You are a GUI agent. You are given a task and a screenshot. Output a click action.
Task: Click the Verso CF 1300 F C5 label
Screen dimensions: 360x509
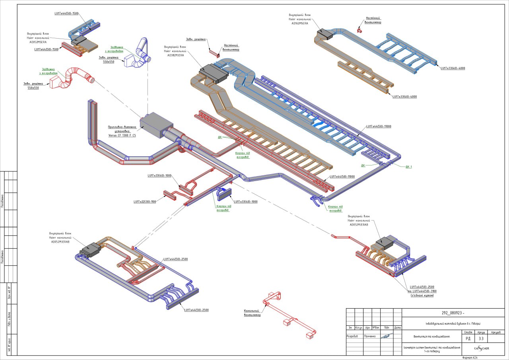click(122, 136)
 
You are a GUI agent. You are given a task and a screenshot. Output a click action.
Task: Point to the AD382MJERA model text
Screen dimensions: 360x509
click(175, 55)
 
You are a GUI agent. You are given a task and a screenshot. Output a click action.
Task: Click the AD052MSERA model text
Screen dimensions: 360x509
click(38, 42)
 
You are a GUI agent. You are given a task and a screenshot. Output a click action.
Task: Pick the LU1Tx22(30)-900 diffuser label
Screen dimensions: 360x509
click(145, 202)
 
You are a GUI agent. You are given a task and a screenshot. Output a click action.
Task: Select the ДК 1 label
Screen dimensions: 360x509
click(408, 167)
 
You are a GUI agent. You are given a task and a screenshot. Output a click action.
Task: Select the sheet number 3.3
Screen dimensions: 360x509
click(481, 339)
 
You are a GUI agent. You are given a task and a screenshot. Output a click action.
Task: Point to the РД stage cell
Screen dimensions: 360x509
click(468, 339)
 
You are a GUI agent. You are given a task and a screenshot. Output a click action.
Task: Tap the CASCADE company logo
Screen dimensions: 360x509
click(481, 348)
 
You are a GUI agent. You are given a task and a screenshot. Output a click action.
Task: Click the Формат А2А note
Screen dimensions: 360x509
click(470, 358)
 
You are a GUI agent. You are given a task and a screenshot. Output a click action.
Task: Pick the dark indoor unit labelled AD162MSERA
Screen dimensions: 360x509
click(325, 34)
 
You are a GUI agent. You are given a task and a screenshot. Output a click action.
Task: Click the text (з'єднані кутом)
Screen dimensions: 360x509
click(422, 296)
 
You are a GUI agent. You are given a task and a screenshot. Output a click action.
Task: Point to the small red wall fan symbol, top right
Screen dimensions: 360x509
click(359, 30)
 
